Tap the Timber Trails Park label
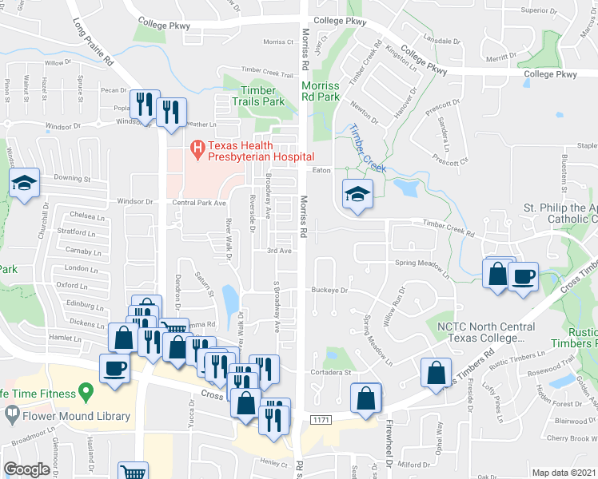click(258, 96)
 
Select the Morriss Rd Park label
click(320, 91)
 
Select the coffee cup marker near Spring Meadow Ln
click(523, 276)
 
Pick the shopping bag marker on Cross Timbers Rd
click(435, 373)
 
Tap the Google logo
click(26, 469)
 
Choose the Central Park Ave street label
click(200, 204)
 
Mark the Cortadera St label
click(332, 372)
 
